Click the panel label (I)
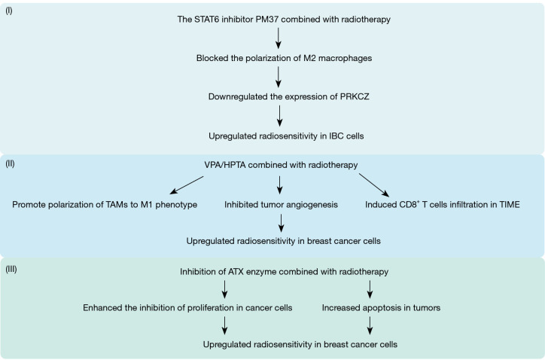click(9, 11)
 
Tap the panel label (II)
click(10, 163)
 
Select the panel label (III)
click(11, 269)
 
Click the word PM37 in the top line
click(267, 19)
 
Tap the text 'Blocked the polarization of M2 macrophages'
click(284, 58)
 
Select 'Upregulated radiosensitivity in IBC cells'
click(286, 136)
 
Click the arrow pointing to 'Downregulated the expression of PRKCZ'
click(278, 77)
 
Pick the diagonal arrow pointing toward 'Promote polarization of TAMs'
click(187, 185)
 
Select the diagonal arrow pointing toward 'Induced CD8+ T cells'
click(374, 185)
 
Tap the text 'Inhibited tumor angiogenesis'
click(281, 205)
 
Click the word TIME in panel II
click(510, 205)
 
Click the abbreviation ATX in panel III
click(236, 272)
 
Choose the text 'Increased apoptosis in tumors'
click(381, 308)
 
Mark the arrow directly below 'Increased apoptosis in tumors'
click(370, 325)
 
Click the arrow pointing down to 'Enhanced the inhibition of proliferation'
click(224, 289)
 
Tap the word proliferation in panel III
click(215, 308)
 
